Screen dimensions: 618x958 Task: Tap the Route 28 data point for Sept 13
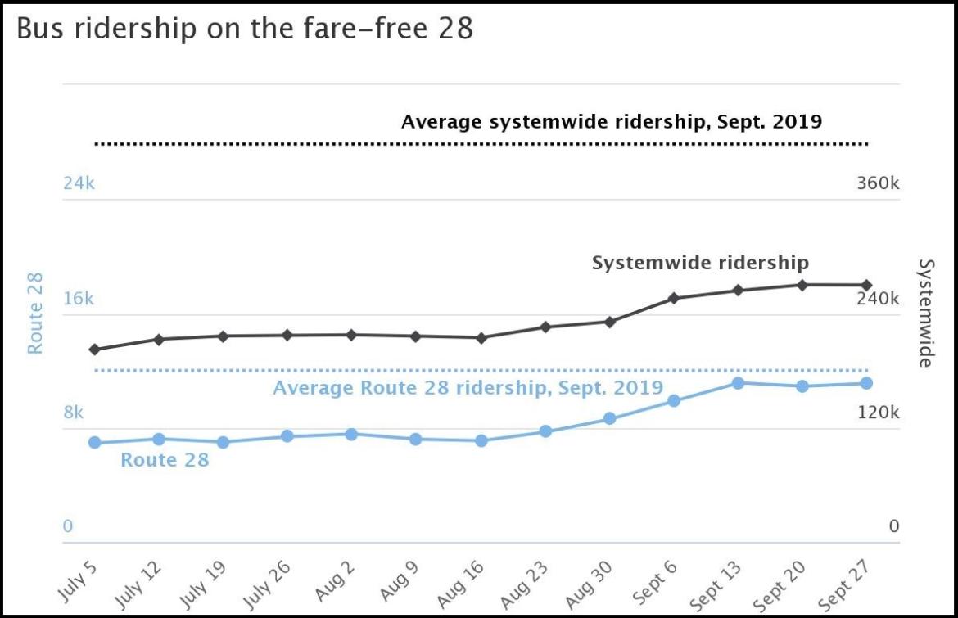tap(738, 382)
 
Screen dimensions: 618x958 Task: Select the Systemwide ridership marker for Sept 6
tap(674, 298)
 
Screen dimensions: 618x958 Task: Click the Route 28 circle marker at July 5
tap(94, 442)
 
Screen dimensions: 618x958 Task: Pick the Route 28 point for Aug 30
tap(609, 418)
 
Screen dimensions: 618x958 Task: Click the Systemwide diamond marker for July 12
tap(159, 339)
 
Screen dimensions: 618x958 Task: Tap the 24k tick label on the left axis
tap(79, 183)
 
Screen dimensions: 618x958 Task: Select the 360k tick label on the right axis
tap(878, 183)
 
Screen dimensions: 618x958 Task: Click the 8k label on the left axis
tap(74, 412)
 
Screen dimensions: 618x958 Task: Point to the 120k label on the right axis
tap(878, 412)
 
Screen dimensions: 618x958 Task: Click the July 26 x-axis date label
tap(273, 582)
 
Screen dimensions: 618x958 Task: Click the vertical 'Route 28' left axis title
tap(35, 314)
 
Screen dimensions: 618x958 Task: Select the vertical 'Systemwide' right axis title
tap(925, 314)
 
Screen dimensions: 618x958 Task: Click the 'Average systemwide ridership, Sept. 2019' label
tap(611, 122)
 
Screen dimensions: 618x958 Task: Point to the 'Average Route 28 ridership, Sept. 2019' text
tap(468, 388)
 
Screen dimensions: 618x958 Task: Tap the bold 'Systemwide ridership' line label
tap(700, 263)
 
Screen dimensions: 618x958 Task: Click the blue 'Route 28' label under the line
tap(165, 460)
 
